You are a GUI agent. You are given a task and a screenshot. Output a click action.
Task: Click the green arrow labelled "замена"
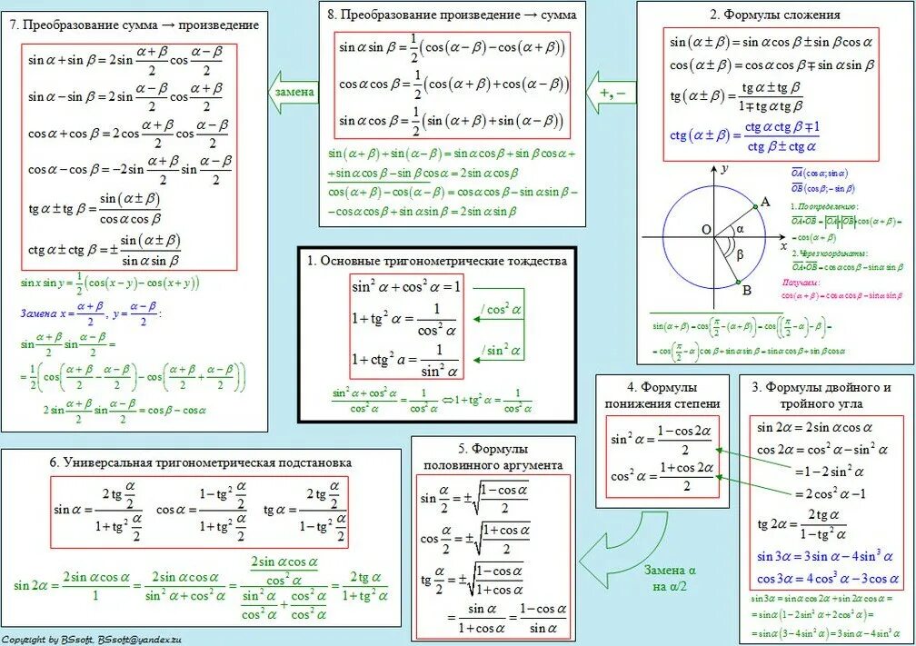(x=292, y=92)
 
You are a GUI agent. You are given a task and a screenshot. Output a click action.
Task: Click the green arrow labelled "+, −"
(x=610, y=92)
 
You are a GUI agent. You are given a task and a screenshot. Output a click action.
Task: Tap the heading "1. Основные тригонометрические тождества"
(x=436, y=261)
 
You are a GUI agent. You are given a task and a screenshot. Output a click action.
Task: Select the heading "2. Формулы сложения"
(x=774, y=15)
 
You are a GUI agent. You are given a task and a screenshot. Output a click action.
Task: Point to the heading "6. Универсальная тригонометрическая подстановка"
(x=202, y=462)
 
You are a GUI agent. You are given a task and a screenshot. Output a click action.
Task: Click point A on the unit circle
(x=765, y=203)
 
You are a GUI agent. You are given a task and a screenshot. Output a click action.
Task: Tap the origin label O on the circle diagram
(x=705, y=230)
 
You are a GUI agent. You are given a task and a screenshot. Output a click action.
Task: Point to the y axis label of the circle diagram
(x=725, y=169)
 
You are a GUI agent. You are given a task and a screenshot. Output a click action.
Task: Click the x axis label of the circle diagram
(x=783, y=245)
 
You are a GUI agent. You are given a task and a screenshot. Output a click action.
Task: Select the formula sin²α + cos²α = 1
(x=406, y=287)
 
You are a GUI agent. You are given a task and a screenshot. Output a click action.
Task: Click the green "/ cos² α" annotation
(x=502, y=309)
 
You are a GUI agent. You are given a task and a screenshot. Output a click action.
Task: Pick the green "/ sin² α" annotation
(x=502, y=350)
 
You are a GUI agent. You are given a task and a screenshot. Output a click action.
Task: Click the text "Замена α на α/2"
(x=670, y=578)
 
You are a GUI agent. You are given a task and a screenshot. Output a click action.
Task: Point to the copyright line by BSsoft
(x=97, y=639)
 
